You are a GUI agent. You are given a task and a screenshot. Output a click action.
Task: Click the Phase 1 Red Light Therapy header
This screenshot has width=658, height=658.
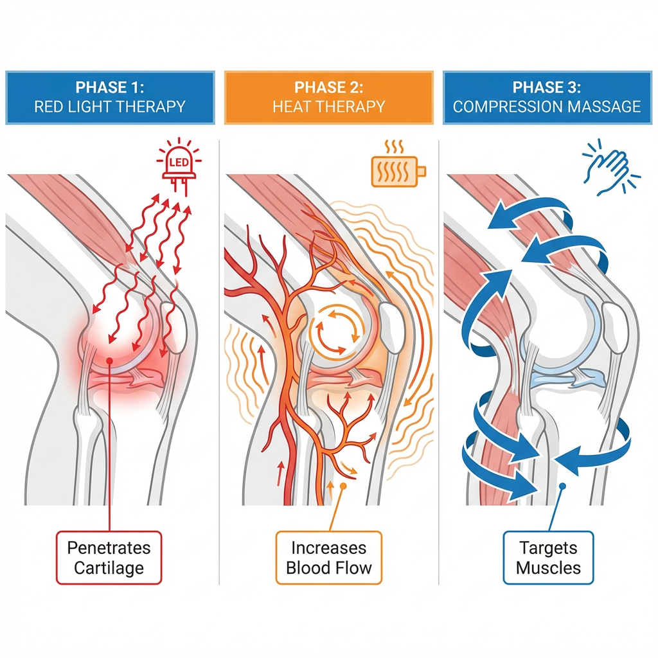(x=109, y=97)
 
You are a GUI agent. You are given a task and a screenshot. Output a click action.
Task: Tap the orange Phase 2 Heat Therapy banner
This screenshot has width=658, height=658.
(x=329, y=97)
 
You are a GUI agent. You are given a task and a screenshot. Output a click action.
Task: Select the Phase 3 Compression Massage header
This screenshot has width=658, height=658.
(x=547, y=97)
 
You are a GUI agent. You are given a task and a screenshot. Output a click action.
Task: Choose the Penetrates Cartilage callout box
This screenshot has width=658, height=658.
(x=109, y=558)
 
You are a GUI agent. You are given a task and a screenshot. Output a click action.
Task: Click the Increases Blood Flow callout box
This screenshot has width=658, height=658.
(x=328, y=558)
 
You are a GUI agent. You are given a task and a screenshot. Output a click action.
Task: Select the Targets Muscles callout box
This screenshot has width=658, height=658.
(x=547, y=558)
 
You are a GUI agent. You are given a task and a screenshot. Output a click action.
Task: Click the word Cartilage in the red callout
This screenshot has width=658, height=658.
(x=109, y=568)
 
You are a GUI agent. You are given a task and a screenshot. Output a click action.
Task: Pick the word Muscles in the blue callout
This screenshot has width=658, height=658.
(x=548, y=568)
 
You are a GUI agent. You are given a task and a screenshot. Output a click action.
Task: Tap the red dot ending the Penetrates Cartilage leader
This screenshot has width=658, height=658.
(x=111, y=360)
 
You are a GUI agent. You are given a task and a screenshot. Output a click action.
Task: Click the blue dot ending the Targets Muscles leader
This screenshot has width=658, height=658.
(x=562, y=487)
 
